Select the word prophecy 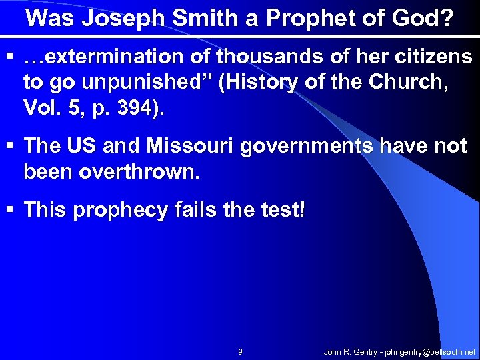[x=121, y=211]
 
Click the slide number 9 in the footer [x=240, y=351]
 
